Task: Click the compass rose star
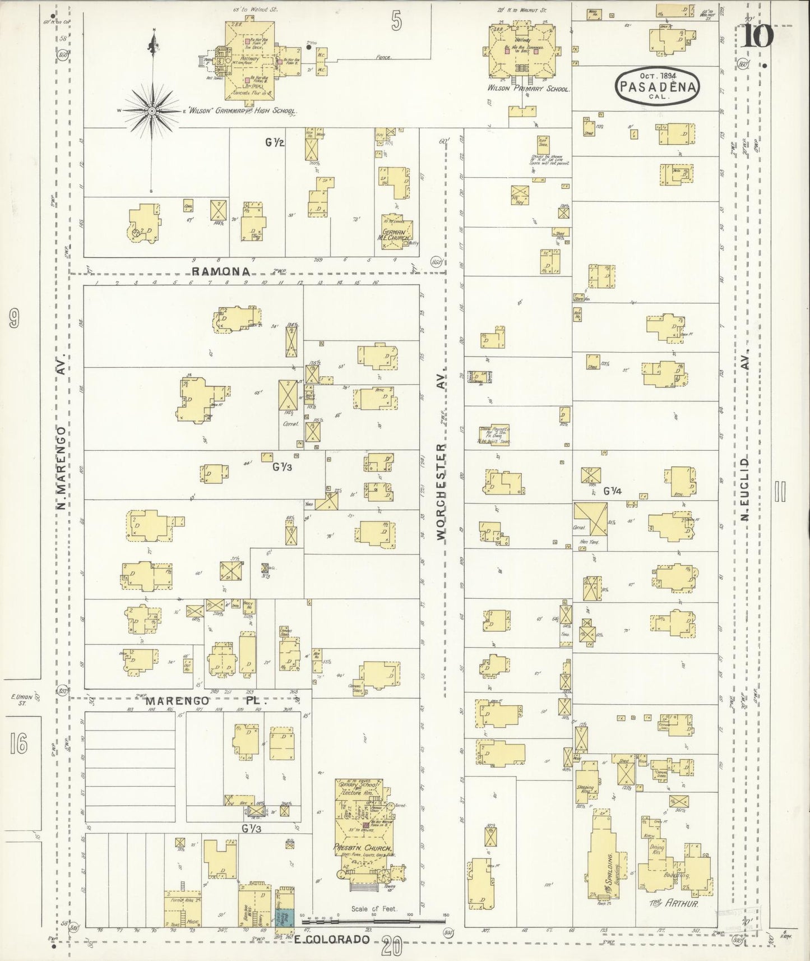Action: click(151, 111)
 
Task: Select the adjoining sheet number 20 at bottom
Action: click(392, 947)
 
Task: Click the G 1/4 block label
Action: click(613, 491)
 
